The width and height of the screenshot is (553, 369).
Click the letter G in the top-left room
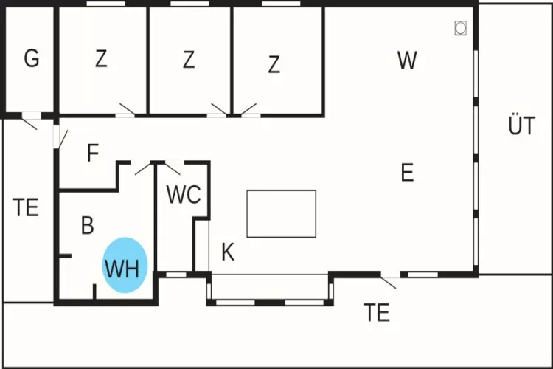click(x=31, y=59)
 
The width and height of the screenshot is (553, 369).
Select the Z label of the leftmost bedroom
click(x=101, y=59)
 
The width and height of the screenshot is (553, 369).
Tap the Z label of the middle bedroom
click(x=189, y=60)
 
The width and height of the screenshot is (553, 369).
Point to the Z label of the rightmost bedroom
click(x=274, y=65)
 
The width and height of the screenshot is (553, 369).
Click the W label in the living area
click(x=406, y=61)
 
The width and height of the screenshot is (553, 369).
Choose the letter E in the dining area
click(x=407, y=173)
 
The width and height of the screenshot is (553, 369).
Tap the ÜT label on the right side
click(x=521, y=126)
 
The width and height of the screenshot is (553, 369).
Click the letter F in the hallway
click(x=92, y=154)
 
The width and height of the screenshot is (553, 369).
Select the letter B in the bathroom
click(x=87, y=226)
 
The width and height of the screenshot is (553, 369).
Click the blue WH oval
click(x=125, y=266)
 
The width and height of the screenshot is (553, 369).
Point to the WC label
click(x=184, y=196)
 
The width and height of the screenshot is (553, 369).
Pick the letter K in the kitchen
click(x=228, y=253)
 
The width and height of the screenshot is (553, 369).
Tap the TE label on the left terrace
click(x=26, y=208)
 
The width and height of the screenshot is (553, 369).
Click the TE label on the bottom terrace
click(x=376, y=313)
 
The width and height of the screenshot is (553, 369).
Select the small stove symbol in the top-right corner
click(x=461, y=27)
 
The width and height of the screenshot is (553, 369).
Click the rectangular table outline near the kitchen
click(x=281, y=213)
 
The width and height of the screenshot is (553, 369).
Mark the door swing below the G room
click(x=29, y=122)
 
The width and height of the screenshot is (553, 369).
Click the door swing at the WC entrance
click(x=173, y=167)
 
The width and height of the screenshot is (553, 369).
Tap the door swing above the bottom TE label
click(x=389, y=281)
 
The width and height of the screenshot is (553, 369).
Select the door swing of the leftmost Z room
click(x=127, y=110)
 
